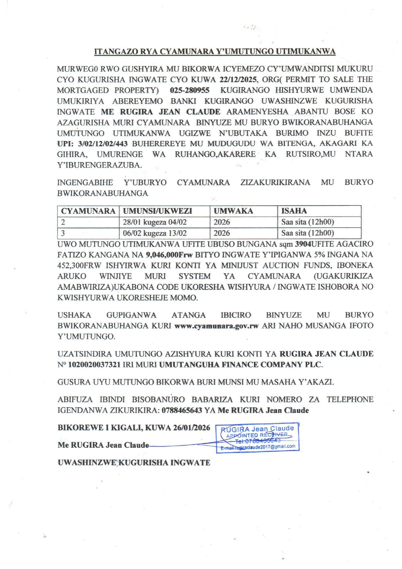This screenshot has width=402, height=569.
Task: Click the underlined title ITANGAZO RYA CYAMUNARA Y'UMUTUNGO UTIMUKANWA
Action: click(215, 52)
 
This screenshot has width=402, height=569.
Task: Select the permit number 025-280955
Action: click(190, 90)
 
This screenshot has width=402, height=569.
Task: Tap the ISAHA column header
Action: click(294, 211)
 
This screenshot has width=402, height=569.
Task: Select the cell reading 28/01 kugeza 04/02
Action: click(155, 222)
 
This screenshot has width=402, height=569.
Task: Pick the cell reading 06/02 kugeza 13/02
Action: click(155, 233)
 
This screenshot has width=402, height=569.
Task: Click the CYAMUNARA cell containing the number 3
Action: click(63, 233)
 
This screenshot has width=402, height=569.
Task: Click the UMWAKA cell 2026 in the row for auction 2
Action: click(222, 222)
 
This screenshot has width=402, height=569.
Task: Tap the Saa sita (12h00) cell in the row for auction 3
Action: click(307, 233)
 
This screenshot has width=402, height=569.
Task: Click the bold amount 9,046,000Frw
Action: click(169, 255)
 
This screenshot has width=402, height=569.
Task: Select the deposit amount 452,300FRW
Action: click(80, 266)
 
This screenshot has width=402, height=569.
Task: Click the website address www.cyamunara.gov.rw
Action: click(217, 326)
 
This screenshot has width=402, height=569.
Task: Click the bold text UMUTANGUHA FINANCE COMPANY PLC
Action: click(240, 365)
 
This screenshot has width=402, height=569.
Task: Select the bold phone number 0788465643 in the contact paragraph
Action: click(182, 410)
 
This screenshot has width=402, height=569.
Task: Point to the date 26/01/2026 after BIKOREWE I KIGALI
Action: click(192, 428)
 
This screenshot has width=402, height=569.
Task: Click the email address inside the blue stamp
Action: click(258, 447)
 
